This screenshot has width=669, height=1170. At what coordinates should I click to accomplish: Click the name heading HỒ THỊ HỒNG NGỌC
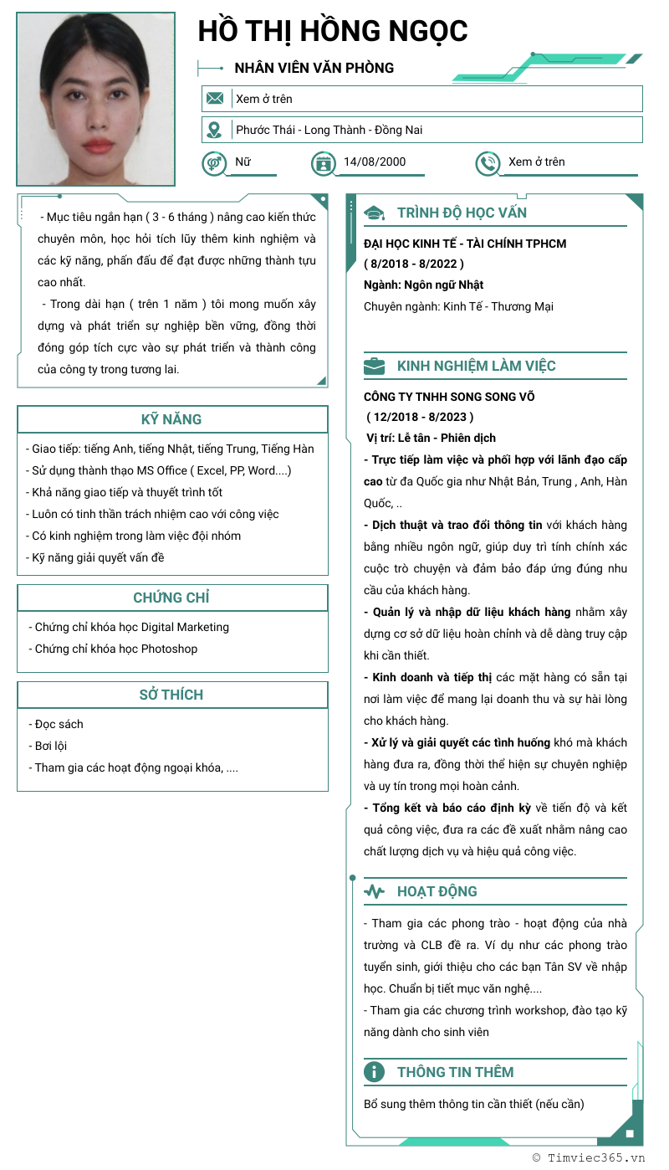pyautogui.click(x=333, y=31)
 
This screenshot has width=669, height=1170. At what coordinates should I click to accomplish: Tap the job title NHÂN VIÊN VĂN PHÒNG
pyautogui.click(x=314, y=68)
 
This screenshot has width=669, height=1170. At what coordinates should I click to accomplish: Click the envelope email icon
pyautogui.click(x=215, y=99)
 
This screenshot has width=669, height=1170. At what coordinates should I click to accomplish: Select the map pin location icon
pyautogui.click(x=215, y=130)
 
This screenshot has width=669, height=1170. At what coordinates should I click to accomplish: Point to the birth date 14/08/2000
pyautogui.click(x=375, y=162)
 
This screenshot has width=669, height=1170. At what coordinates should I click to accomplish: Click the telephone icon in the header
pyautogui.click(x=488, y=163)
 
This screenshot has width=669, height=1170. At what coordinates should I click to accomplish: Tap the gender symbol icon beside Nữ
pyautogui.click(x=214, y=162)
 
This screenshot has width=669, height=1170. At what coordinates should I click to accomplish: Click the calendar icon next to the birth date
pyautogui.click(x=323, y=163)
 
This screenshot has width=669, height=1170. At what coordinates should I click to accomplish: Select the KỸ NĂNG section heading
pyautogui.click(x=171, y=419)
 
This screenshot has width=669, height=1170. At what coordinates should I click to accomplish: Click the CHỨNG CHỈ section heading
pyautogui.click(x=171, y=598)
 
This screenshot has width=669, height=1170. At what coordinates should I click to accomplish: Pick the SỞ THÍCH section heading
pyautogui.click(x=171, y=695)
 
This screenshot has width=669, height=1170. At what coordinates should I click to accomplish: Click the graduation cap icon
pyautogui.click(x=375, y=213)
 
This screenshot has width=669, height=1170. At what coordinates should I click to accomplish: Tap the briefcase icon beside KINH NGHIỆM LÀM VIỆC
pyautogui.click(x=375, y=366)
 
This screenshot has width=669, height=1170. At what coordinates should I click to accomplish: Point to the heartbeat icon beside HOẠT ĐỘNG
pyautogui.click(x=375, y=892)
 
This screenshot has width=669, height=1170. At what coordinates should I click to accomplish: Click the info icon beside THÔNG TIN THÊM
pyautogui.click(x=375, y=1072)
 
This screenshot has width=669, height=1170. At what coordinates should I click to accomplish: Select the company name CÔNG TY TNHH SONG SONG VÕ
pyautogui.click(x=449, y=397)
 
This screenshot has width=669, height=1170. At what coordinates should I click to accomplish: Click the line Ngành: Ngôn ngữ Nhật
pyautogui.click(x=423, y=285)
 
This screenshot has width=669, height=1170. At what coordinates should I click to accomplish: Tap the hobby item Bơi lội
pyautogui.click(x=50, y=746)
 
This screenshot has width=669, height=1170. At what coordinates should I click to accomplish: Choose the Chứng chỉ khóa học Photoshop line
pyautogui.click(x=116, y=649)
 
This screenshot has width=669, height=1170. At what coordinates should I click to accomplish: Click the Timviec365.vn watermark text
pyautogui.click(x=595, y=1158)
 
